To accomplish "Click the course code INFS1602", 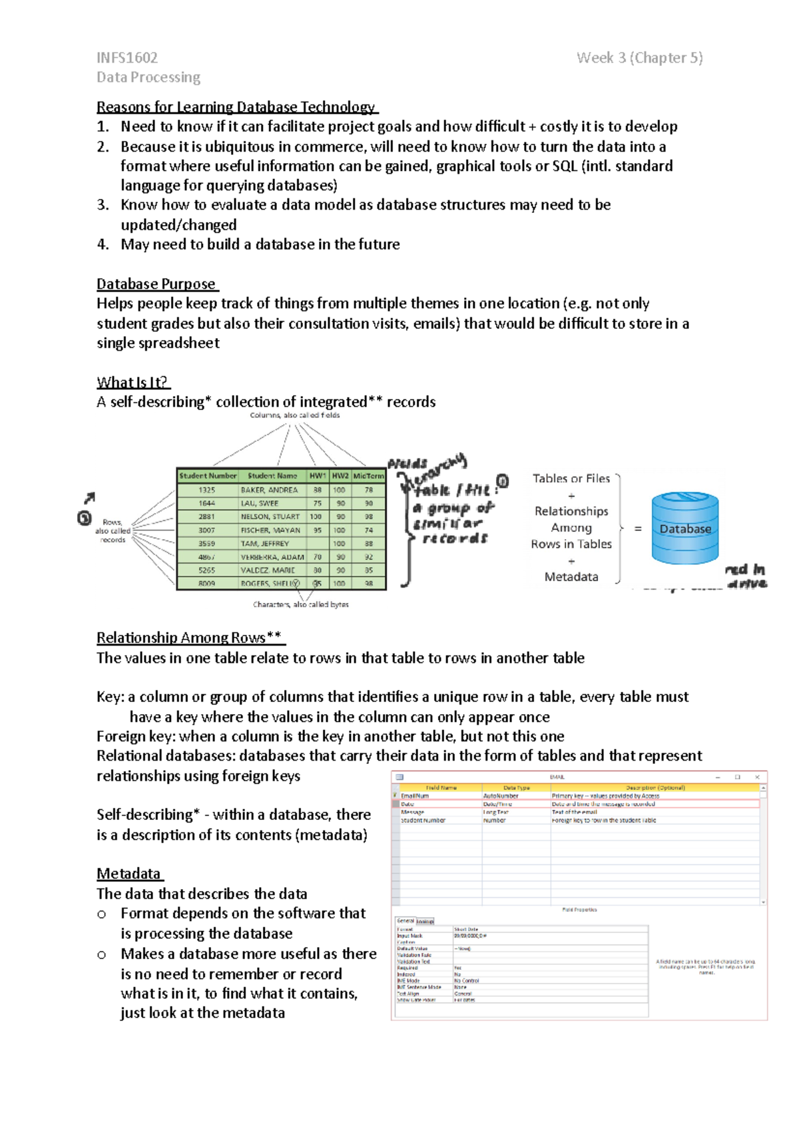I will pyautogui.click(x=127, y=58).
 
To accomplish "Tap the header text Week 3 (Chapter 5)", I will pyautogui.click(x=639, y=58).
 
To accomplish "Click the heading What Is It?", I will pyautogui.click(x=132, y=383).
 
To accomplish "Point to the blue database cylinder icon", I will pyautogui.click(x=685, y=528).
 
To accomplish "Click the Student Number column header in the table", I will pyautogui.click(x=208, y=476).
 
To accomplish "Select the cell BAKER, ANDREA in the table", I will pyautogui.click(x=269, y=490).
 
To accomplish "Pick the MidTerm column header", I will pyautogui.click(x=368, y=476).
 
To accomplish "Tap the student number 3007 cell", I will pyautogui.click(x=206, y=530).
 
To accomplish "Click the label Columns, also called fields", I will pyautogui.click(x=295, y=415).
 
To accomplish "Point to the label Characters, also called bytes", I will pyautogui.click(x=300, y=604).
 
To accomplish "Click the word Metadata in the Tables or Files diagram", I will pyautogui.click(x=571, y=577).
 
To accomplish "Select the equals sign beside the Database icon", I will pyautogui.click(x=638, y=529).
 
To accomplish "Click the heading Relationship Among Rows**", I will pyautogui.click(x=189, y=638).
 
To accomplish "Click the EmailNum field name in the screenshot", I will pyautogui.click(x=415, y=796).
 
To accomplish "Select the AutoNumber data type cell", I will pyautogui.click(x=501, y=796).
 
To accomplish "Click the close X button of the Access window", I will pyautogui.click(x=757, y=777).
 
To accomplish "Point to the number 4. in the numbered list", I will pyautogui.click(x=103, y=245).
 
